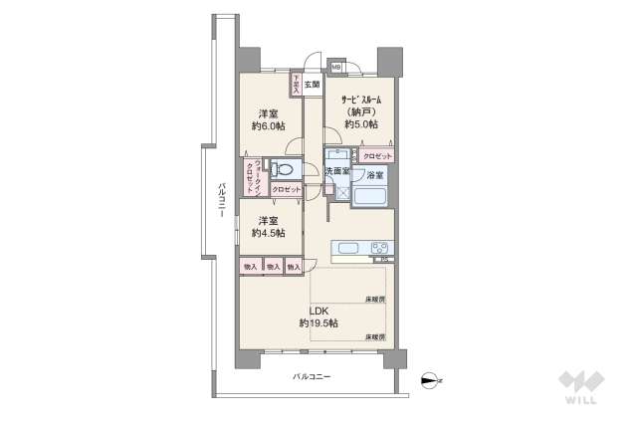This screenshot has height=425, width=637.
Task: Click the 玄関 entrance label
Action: [312, 85]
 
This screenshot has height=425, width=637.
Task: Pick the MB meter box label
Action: [336, 69]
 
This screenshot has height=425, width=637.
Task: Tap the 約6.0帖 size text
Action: [267, 126]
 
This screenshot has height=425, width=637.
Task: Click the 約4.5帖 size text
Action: [267, 233]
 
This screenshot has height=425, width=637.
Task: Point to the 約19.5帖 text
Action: [318, 324]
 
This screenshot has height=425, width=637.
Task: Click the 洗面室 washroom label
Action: [336, 171]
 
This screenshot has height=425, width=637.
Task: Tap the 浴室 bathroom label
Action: [375, 175]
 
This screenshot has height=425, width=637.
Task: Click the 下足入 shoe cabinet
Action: [296, 85]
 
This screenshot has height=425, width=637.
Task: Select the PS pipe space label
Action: [385, 261]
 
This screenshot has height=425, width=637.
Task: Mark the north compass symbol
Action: [429, 378]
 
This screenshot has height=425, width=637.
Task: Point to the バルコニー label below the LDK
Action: [312, 376]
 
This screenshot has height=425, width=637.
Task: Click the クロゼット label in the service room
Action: [377, 156]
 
